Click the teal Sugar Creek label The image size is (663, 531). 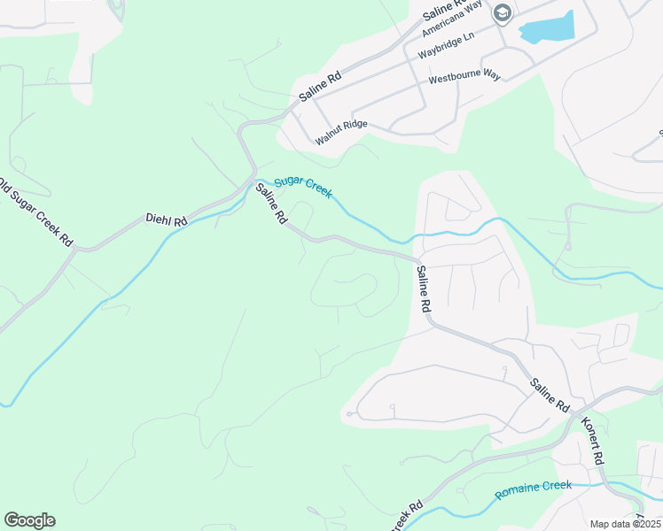coord(302,187)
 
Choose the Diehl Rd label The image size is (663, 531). coord(167,219)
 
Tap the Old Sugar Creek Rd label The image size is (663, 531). coord(35,213)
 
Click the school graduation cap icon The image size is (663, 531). coord(503,13)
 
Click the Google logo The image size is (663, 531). coord(29,520)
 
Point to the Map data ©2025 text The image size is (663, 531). coord(626,524)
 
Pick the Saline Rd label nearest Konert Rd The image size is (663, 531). coord(549,396)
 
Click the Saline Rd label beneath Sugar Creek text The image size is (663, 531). coord(271,204)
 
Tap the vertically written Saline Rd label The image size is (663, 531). coord(424,289)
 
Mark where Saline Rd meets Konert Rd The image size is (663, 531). coord(576,412)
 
